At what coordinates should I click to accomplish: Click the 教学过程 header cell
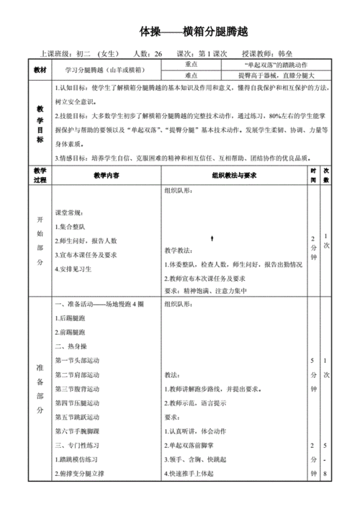click(x=40, y=176)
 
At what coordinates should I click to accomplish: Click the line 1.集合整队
click(x=73, y=227)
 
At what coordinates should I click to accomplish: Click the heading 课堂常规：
click(x=73, y=213)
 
